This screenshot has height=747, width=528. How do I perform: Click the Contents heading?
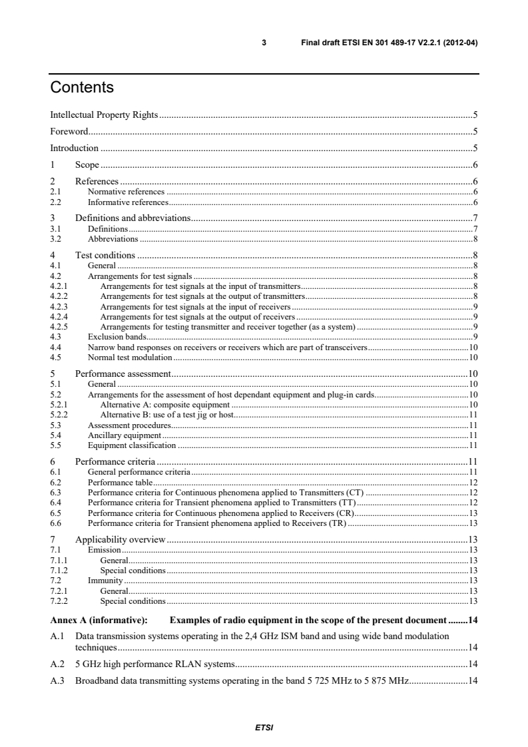click(x=82, y=88)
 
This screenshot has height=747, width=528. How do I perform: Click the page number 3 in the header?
click(x=264, y=43)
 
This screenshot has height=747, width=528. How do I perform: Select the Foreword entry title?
click(x=69, y=131)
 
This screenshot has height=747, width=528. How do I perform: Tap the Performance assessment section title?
click(x=124, y=373)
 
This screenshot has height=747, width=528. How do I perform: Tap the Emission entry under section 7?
click(x=104, y=550)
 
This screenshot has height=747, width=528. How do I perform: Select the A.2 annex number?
click(x=57, y=664)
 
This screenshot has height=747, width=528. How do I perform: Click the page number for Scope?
click(x=475, y=164)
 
